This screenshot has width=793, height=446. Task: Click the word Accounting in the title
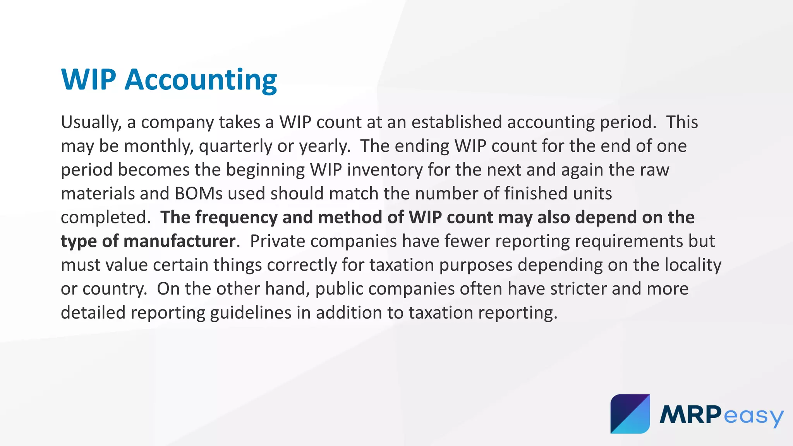201,80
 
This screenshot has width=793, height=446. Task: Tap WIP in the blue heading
89,80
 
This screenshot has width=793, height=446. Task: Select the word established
457,122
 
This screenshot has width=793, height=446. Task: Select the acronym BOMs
199,194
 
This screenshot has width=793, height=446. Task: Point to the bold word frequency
236,218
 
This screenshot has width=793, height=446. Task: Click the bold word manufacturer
179,241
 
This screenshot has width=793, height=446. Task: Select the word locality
693,265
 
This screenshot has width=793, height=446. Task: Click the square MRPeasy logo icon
630,414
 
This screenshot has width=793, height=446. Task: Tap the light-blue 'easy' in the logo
754,416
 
